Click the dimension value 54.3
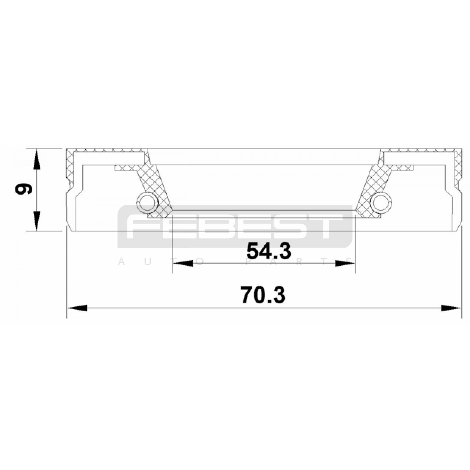click(268, 251)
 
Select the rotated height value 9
click(23, 189)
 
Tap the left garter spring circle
click(147, 202)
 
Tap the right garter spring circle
click(381, 202)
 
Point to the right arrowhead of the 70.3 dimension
click(451, 308)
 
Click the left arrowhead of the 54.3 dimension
click(183, 263)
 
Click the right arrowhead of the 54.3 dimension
click(345, 263)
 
